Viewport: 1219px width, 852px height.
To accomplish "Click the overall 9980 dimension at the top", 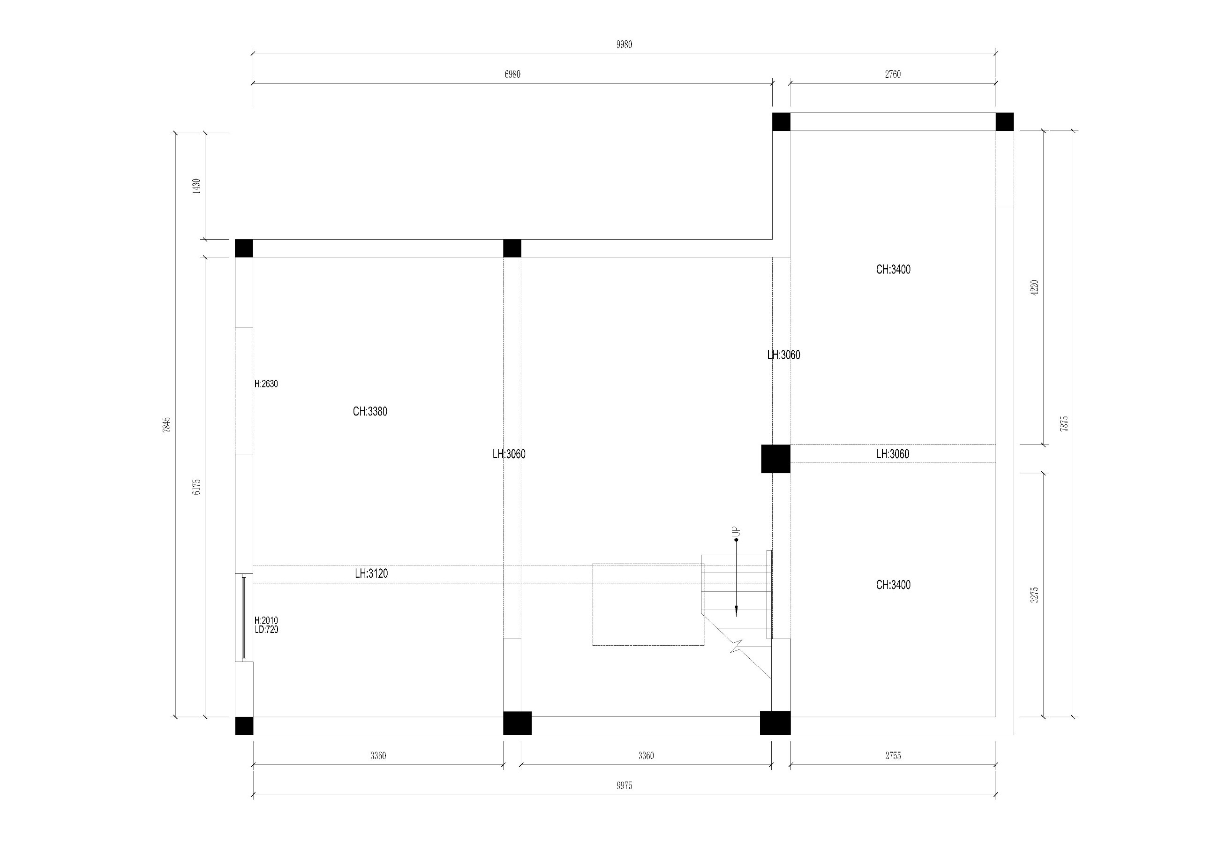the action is (x=624, y=45).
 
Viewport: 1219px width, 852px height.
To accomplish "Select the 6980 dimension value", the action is (x=512, y=74).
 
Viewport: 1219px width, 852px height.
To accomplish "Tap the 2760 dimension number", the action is (x=893, y=74).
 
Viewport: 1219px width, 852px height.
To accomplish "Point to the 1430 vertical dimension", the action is (x=196, y=186).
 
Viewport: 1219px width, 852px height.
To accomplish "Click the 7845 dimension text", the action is (x=167, y=425).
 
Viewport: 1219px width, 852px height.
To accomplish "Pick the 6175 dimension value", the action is (x=196, y=487).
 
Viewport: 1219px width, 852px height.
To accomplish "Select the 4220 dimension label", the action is (x=1034, y=288).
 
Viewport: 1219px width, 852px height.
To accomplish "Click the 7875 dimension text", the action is (x=1064, y=423).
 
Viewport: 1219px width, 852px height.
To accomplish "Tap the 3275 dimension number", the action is (x=1034, y=595).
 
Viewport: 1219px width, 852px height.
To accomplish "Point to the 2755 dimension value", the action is (x=893, y=755).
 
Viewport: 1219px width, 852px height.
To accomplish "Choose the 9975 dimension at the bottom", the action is (x=625, y=785).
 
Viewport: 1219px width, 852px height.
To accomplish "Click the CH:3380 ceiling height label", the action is (x=370, y=411).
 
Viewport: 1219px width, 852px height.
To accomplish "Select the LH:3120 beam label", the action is (x=371, y=573).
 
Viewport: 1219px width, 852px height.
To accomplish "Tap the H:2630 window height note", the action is (x=266, y=384).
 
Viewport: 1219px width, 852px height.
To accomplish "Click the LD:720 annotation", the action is (x=266, y=630).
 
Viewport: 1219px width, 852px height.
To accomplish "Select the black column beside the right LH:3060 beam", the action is (x=775, y=459).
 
